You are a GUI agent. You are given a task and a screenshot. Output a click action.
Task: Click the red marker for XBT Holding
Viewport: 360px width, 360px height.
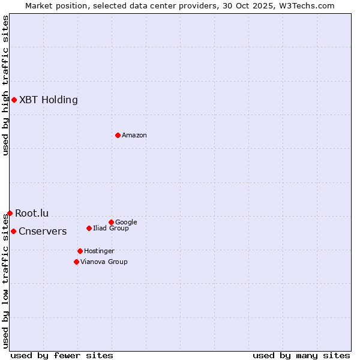[14, 100]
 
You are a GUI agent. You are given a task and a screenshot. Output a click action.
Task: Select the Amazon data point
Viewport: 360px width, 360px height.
[118, 135]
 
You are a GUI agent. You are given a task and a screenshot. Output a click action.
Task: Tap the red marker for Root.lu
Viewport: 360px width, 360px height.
[10, 213]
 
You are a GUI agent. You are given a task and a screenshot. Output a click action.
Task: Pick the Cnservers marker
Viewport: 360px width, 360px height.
[13, 231]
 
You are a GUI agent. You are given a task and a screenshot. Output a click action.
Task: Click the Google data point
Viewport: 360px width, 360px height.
[111, 222]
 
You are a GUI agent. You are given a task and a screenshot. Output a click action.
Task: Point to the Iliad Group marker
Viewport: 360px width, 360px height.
[89, 228]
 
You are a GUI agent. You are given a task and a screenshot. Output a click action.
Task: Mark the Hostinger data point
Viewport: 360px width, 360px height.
[80, 251]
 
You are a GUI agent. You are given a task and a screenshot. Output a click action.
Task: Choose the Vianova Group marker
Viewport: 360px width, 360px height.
[76, 262]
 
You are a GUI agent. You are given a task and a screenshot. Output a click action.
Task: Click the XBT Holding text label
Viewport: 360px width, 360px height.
[49, 100]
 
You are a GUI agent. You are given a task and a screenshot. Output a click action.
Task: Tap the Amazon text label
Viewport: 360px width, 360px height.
[134, 135]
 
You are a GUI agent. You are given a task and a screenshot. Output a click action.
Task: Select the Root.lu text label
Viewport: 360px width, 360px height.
[32, 213]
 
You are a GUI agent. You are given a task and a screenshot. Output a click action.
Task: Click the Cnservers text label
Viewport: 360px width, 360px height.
[43, 231]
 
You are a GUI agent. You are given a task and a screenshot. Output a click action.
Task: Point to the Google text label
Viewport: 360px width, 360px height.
[126, 222]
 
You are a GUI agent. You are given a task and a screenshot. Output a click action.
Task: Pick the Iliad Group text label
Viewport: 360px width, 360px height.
[111, 228]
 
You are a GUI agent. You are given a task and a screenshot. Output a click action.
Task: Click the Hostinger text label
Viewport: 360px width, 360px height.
[99, 251]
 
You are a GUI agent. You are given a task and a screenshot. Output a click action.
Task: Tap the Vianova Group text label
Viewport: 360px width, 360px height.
[104, 262]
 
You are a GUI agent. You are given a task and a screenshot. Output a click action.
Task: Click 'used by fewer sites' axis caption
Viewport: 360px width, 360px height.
[62, 355]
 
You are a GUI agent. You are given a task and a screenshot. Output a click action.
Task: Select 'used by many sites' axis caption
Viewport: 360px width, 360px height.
[301, 355]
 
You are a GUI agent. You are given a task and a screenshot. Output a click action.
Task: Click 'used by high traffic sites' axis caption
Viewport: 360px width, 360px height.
[5, 85]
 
